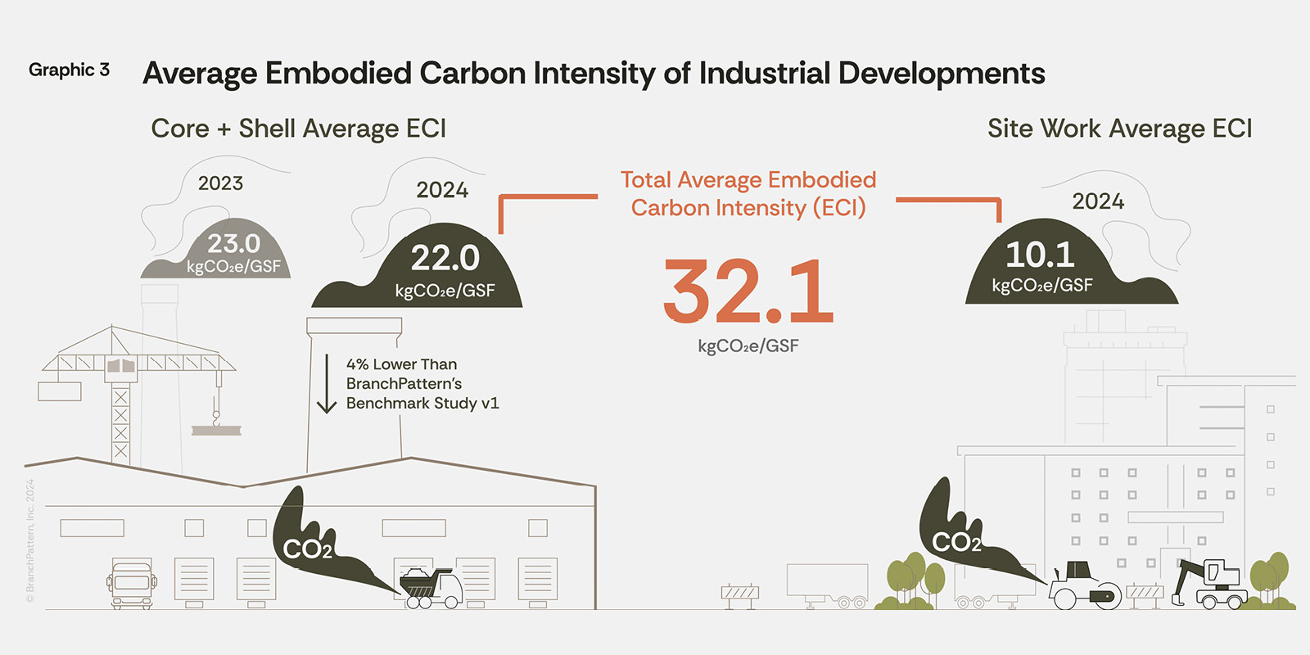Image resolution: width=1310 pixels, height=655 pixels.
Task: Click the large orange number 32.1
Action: click(x=748, y=291)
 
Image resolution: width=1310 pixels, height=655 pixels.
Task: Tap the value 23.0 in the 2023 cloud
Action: click(x=233, y=244)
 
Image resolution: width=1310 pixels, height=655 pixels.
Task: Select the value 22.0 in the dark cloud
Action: click(x=445, y=258)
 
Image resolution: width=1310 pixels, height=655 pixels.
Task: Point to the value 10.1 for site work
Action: click(x=1040, y=255)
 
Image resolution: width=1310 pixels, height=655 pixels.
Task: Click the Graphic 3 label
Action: click(x=69, y=70)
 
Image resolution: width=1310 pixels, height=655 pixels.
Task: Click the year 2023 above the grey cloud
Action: click(x=220, y=183)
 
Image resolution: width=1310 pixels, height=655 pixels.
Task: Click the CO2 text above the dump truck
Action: click(x=307, y=549)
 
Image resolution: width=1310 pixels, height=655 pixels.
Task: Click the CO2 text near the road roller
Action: click(x=955, y=543)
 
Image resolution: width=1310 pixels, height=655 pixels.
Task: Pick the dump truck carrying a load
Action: click(x=431, y=589)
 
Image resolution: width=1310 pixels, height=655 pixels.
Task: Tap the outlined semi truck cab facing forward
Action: click(x=131, y=585)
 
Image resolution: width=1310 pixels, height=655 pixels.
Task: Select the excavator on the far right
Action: click(x=1210, y=584)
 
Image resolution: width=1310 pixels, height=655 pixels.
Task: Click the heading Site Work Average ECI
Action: click(x=1119, y=129)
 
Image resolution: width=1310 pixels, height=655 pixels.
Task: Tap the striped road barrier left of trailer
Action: click(x=740, y=594)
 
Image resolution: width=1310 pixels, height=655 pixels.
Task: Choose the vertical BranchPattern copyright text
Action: click(x=30, y=540)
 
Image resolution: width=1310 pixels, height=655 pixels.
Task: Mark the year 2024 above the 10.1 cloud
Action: click(x=1098, y=201)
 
